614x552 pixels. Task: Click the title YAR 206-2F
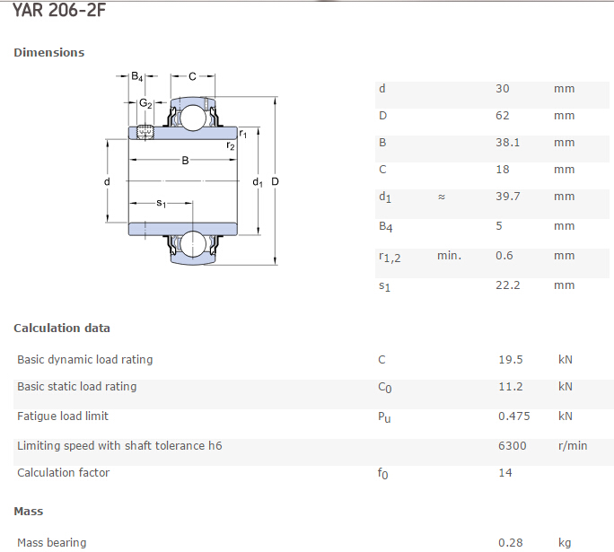[59, 9]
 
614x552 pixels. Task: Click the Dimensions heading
[49, 52]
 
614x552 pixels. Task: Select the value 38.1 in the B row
[507, 142]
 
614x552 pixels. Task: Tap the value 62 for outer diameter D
[503, 116]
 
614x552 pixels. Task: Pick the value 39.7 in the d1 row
[508, 196]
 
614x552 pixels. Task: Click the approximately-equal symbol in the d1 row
[442, 197]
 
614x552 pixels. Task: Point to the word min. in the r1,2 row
[449, 256]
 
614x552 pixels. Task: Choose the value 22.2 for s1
[508, 285]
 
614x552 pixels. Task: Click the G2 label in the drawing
[145, 103]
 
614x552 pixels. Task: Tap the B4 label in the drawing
[137, 76]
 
